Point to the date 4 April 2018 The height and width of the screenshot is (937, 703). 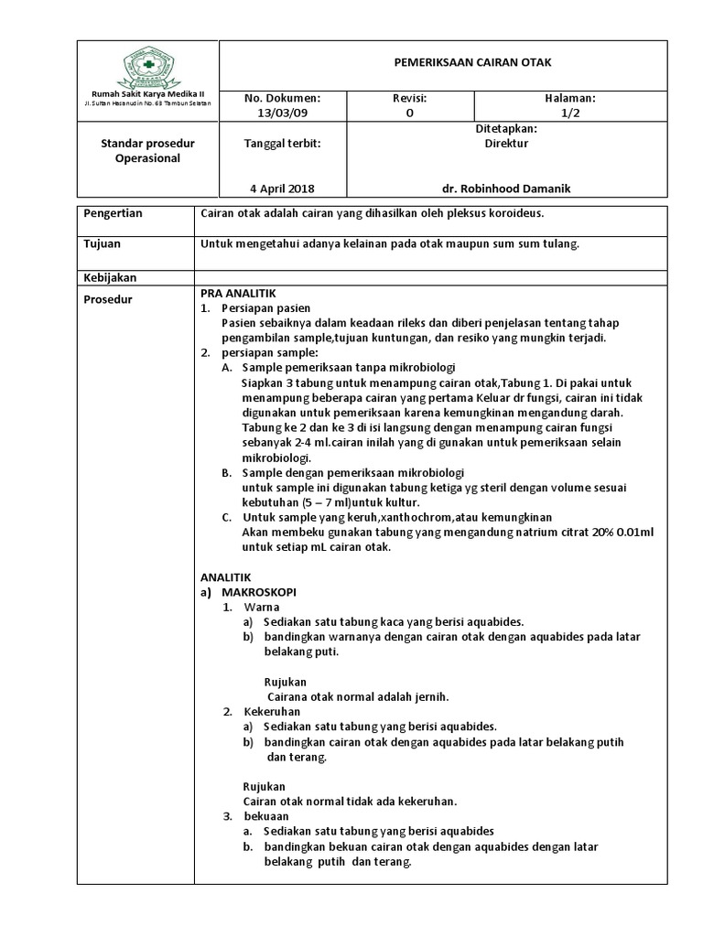[x=281, y=188]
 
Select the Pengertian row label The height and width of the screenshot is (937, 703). [x=114, y=213]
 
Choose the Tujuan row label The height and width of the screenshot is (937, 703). [x=103, y=244]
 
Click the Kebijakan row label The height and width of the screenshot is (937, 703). [x=109, y=276]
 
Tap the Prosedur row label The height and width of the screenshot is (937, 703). [x=107, y=299]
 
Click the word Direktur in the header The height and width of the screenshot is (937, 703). [x=505, y=143]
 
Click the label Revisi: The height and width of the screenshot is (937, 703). [x=410, y=97]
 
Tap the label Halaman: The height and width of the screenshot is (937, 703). [x=570, y=97]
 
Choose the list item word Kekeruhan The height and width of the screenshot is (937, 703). [x=272, y=711]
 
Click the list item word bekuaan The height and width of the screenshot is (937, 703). [x=266, y=816]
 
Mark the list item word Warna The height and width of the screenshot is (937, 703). [x=262, y=607]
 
